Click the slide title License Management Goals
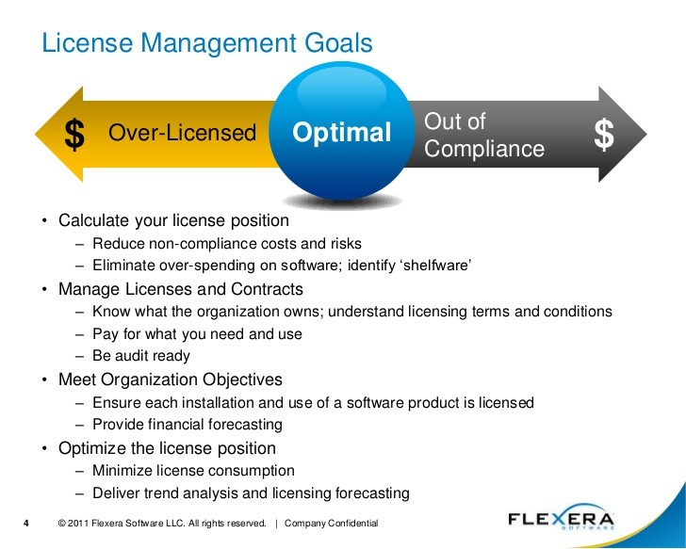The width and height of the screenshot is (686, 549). coord(207,43)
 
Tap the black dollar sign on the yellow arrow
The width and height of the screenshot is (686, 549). coord(74,135)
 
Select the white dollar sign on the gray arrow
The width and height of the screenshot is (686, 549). coord(604,135)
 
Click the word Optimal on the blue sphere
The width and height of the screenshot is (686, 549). coord(342,133)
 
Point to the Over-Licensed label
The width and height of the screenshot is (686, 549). coord(182,133)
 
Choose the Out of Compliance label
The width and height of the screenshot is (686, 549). coord(484,135)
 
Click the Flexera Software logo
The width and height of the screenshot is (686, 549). coord(562,518)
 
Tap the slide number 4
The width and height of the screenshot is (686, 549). coord(25,524)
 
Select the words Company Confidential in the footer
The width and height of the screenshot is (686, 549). coord(331,524)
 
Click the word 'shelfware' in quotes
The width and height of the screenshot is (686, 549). coord(435,265)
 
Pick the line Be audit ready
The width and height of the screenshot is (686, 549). coord(141,356)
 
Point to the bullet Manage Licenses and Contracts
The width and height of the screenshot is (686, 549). coord(181,289)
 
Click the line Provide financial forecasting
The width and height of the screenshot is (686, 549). coord(188,424)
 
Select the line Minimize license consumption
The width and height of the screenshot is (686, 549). coord(193,470)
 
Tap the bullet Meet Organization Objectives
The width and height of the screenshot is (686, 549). coord(171,379)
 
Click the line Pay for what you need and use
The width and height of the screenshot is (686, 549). coord(197,334)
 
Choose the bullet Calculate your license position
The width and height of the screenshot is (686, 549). coord(173,220)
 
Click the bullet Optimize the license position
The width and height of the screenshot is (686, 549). coord(167,448)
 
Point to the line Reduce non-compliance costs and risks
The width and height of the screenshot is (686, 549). coord(227,244)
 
